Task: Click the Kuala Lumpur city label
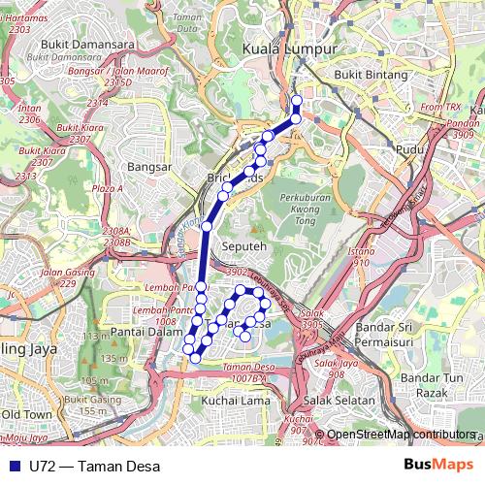(289, 48)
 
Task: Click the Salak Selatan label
(335, 400)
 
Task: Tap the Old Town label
(26, 414)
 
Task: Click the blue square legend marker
(12, 465)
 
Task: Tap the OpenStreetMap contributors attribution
(401, 434)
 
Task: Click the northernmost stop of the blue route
(296, 100)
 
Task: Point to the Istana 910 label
(363, 255)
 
